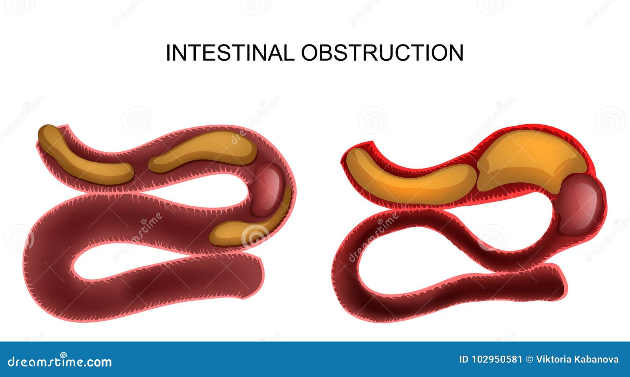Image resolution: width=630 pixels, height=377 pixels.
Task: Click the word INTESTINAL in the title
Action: click(x=230, y=53)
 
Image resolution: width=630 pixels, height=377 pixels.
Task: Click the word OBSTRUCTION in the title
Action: click(x=382, y=53)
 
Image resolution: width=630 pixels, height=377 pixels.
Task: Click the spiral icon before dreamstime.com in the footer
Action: click(x=63, y=356)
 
